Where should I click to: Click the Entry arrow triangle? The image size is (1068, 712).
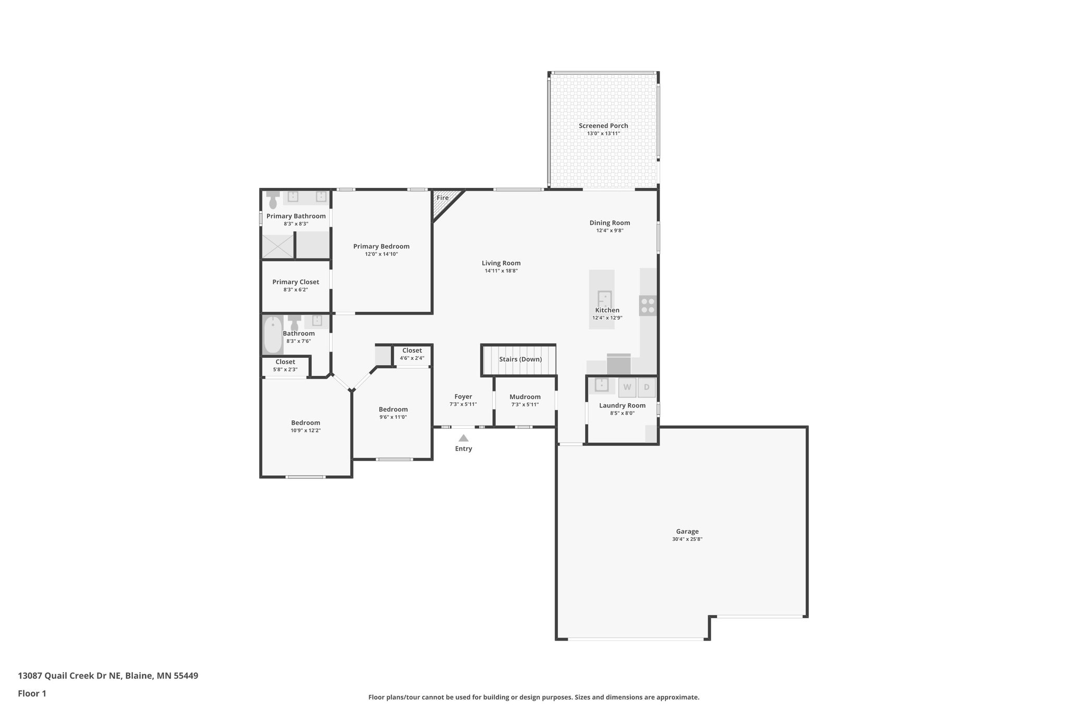[463, 438]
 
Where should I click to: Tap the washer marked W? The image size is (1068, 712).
[627, 387]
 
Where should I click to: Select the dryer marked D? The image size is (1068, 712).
[647, 387]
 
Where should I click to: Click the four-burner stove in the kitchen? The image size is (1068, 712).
[648, 306]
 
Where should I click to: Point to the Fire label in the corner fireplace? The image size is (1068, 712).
[442, 198]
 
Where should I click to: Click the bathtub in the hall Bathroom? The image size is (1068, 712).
[272, 335]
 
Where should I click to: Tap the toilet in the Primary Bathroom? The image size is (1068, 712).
[273, 199]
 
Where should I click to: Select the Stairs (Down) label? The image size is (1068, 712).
[520, 359]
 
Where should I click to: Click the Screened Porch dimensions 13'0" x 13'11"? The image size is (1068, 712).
[603, 134]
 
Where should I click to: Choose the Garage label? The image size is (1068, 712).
[687, 532]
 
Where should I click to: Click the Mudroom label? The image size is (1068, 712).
[525, 397]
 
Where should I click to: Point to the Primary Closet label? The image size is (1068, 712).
[295, 282]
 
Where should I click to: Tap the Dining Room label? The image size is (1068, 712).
[610, 223]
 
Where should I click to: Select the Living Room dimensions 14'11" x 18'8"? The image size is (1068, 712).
[501, 271]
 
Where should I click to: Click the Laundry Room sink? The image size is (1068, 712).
[601, 385]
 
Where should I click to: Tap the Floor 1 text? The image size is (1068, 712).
[32, 693]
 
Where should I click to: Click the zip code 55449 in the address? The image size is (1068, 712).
[186, 675]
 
